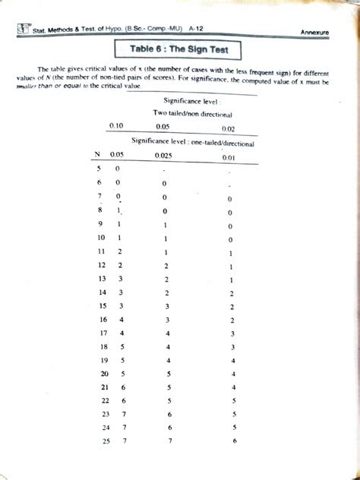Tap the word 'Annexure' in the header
pyautogui.click(x=319, y=33)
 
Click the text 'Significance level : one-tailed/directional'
pyautogui.click(x=191, y=141)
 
